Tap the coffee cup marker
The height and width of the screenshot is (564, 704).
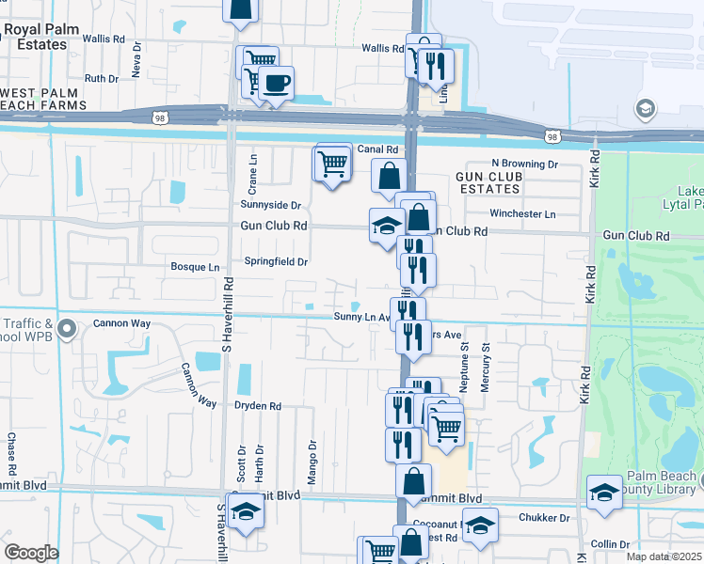[276, 84]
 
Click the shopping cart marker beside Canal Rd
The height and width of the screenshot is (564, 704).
[332, 164]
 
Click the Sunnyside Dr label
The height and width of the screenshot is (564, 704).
[270, 205]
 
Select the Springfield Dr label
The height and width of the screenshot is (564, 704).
[276, 261]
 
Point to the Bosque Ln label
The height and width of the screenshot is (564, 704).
[194, 267]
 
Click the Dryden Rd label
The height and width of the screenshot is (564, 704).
[258, 406]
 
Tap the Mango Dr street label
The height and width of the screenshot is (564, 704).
[312, 453]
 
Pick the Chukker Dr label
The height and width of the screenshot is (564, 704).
[544, 517]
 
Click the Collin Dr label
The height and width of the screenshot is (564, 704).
[611, 544]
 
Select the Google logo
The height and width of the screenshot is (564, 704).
[31, 553]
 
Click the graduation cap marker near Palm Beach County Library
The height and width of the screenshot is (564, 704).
[603, 492]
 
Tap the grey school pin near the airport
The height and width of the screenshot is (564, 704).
[645, 108]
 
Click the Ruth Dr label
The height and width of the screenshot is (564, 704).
[101, 78]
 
